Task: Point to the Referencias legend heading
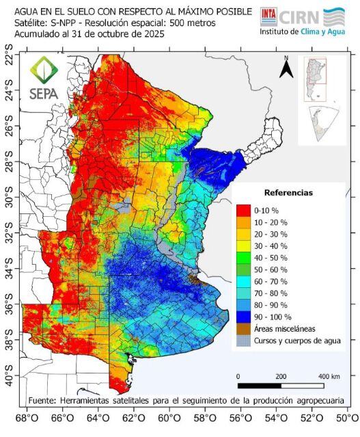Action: coord(288,193)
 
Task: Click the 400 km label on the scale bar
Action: coord(329,377)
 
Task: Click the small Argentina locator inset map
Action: coord(316,79)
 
